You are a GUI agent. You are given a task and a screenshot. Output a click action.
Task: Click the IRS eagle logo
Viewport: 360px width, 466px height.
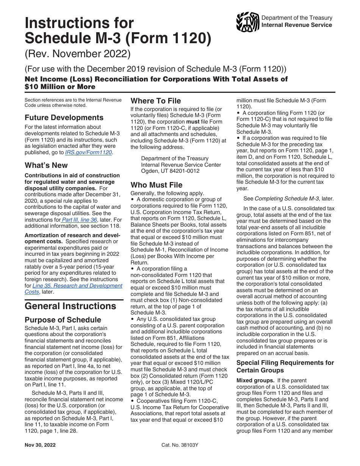247,22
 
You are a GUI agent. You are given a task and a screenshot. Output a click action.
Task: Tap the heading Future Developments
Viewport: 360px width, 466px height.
64,117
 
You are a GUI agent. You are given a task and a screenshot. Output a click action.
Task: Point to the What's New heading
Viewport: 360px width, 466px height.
46,165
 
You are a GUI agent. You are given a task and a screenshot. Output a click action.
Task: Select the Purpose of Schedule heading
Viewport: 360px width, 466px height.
63,320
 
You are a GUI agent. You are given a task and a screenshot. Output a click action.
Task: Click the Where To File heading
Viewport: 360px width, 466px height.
156,101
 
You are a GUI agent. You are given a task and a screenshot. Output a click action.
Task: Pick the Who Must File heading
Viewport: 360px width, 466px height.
157,185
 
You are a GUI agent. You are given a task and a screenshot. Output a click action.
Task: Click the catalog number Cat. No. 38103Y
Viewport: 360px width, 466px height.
180,445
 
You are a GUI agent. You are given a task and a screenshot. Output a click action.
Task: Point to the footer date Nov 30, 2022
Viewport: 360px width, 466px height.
40,445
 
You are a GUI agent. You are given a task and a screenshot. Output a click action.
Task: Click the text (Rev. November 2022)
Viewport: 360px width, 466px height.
78,54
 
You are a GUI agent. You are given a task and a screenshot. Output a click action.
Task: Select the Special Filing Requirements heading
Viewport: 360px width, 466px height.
285,366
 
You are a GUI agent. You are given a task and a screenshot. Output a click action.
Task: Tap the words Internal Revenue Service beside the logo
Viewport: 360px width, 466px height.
297,25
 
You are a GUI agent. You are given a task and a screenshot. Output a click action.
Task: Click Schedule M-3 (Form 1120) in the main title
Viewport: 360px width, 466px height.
118,39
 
